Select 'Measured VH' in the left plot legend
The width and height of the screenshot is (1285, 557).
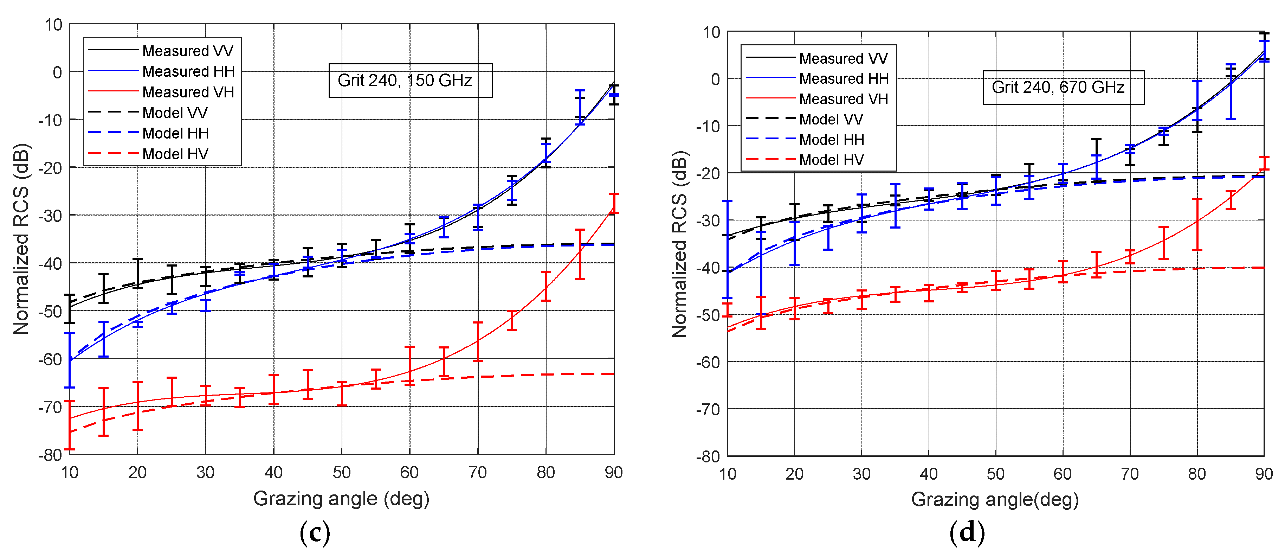[188, 92]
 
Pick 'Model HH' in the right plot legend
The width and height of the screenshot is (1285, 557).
[832, 140]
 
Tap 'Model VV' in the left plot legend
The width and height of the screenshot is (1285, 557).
[175, 113]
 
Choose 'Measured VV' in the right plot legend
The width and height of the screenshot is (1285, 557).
[843, 58]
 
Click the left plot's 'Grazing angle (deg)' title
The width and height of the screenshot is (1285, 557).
[341, 499]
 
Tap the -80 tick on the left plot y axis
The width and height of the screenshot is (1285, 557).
[50, 455]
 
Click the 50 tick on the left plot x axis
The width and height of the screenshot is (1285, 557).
[342, 472]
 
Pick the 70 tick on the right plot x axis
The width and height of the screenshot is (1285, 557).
[1130, 474]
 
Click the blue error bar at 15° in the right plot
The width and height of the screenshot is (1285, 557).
[761, 274]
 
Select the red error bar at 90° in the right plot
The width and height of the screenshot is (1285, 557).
[1264, 164]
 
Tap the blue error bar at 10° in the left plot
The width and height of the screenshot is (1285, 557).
[70, 360]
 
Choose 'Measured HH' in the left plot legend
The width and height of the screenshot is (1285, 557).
[188, 71]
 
